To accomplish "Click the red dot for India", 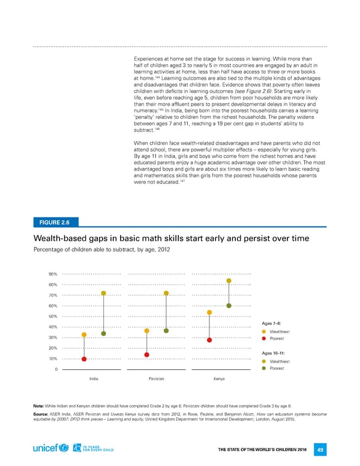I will (x=84, y=359).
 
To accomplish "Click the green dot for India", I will (x=104, y=333).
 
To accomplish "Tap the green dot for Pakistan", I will (x=166, y=331).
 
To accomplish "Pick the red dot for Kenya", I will (x=209, y=340).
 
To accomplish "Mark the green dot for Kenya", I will (x=229, y=306).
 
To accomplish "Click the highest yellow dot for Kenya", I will (x=229, y=280).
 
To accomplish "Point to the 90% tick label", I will (x=53, y=274).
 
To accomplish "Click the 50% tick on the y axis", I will (x=53, y=316).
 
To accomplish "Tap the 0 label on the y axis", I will (x=55, y=369).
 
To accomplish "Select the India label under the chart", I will (x=94, y=379).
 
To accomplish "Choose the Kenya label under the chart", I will (x=218, y=379).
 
